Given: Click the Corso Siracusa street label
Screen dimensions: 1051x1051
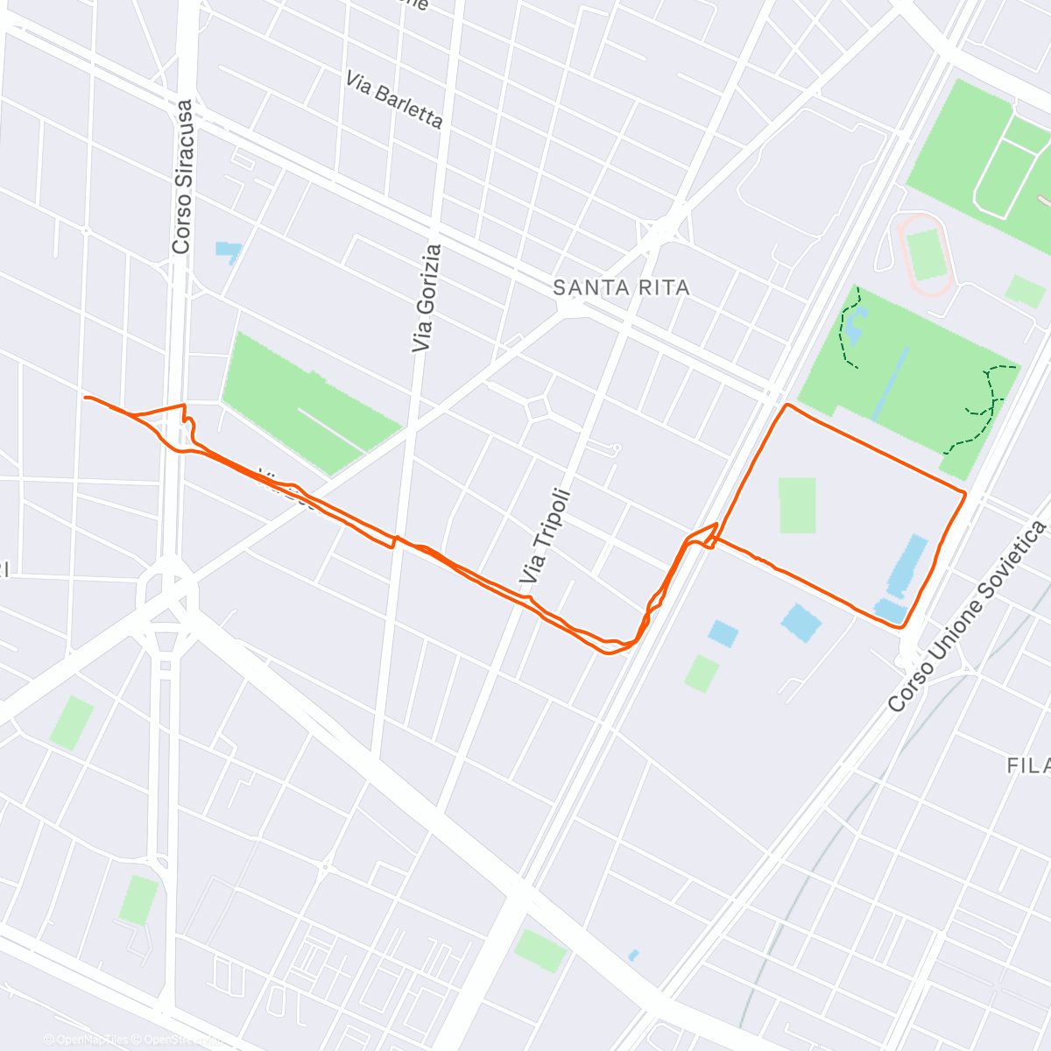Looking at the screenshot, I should tap(182, 178).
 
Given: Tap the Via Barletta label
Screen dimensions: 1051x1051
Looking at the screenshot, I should tap(394, 100).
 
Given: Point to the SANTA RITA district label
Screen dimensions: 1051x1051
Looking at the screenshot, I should tap(622, 287).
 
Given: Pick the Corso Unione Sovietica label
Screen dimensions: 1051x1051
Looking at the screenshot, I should tap(967, 616).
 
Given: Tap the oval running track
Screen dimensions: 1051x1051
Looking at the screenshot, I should tap(925, 255).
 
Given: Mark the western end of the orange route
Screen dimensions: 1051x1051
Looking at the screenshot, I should tap(85, 398).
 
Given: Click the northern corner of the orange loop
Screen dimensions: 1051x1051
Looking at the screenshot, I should tap(787, 405).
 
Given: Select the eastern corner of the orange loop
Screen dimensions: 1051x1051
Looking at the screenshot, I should tap(964, 495).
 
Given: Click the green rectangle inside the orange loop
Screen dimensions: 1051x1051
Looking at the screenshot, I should tap(796, 505).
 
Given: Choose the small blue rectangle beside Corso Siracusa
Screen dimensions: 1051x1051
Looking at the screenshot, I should tap(228, 249).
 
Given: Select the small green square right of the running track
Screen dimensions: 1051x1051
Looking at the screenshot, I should tap(1024, 291).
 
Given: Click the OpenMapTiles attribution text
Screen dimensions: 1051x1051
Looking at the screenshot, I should tap(88, 1040).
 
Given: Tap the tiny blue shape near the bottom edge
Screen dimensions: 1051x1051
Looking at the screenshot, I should tap(633, 954).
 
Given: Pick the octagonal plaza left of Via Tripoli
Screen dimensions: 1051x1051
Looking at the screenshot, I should tap(538, 407).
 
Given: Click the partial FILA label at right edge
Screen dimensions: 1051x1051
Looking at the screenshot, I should tap(1028, 765).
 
